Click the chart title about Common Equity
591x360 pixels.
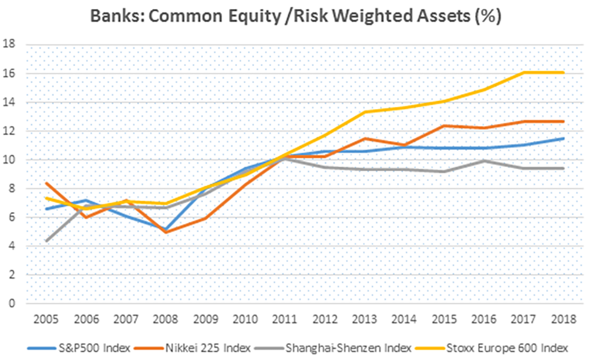[295, 16]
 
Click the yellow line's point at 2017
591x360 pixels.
[523, 73]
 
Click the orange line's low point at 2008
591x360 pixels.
[165, 232]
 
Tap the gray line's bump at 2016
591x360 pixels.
[484, 161]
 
